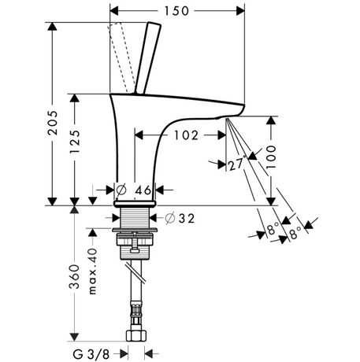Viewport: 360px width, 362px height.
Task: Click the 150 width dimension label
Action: point(176,11)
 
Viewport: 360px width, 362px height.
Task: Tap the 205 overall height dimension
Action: point(53,123)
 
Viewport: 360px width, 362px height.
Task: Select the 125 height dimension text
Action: point(75,142)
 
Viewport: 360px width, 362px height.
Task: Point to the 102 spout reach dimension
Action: point(186,135)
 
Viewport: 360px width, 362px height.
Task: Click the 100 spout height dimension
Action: point(271,157)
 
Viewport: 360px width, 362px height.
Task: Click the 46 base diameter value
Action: point(143,190)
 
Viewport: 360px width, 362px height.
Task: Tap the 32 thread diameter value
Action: point(187,218)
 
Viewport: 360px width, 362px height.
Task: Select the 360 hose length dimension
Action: point(75,277)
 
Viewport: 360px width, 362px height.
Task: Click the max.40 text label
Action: point(93,271)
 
